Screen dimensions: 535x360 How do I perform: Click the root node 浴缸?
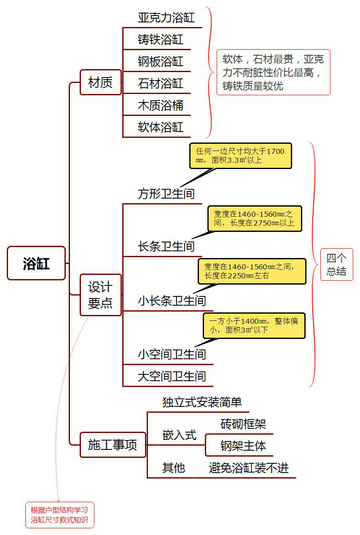coord(36,263)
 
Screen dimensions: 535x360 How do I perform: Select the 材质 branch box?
coord(100,82)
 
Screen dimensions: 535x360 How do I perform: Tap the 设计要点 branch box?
coord(100,295)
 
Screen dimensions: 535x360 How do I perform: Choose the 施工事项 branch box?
coord(113,445)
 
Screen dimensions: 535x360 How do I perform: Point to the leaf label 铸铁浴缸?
coord(161,40)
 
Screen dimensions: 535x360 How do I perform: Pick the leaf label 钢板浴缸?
coord(161,62)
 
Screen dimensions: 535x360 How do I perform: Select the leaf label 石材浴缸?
coord(161,83)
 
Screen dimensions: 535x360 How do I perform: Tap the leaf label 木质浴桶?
coord(161,105)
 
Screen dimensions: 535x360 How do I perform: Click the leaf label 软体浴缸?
coord(161,127)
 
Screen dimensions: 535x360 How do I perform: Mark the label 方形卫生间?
coord(166,194)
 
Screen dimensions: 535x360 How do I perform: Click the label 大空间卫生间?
coord(172,376)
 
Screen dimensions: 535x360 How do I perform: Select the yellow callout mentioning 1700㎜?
coord(240,156)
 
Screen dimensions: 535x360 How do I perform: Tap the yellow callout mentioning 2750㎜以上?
coord(254,218)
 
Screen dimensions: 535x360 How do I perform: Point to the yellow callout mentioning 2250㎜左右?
coord(252,271)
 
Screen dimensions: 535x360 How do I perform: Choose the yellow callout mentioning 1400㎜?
coord(254,325)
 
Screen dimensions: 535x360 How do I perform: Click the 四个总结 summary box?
coord(336,265)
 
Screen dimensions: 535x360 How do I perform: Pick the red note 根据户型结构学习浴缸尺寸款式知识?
coord(59,515)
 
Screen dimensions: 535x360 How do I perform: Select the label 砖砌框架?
coord(243,424)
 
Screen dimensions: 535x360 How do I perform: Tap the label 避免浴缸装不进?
coord(249,468)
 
